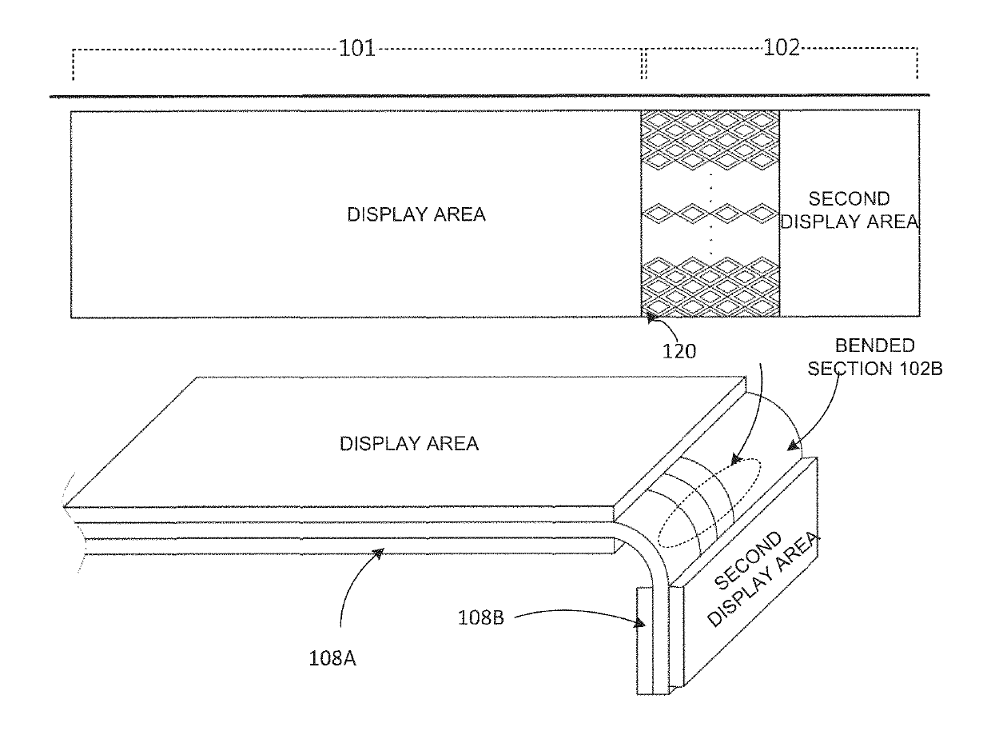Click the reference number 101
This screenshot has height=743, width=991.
(356, 48)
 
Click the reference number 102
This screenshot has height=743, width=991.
(781, 47)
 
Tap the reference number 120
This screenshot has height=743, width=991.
(679, 351)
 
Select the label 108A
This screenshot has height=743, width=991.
(332, 658)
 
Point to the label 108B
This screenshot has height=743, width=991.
(481, 617)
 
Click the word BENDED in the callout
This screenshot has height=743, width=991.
(874, 346)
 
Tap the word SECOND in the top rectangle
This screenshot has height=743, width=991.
(849, 198)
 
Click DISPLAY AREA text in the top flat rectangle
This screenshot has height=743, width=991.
(416, 214)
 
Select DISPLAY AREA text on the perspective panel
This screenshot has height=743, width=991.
(409, 444)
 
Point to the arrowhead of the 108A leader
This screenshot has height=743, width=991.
(380, 552)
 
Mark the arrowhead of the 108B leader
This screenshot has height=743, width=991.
(641, 623)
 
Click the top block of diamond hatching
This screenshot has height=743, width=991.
(710, 141)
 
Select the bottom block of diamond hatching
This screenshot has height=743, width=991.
(710, 286)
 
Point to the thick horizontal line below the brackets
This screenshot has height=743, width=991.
(489, 96)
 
